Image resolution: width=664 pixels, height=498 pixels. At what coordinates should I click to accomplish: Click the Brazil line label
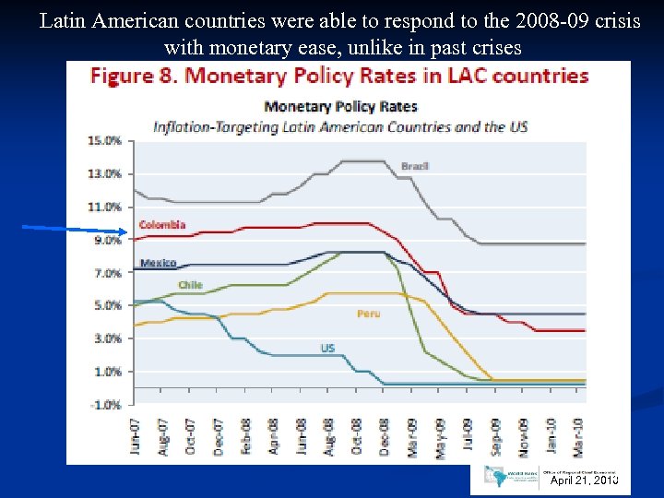tap(414, 166)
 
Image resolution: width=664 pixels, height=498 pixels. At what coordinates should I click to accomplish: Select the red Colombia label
tap(162, 224)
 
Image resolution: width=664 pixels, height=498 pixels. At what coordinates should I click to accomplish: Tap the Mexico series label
tap(158, 263)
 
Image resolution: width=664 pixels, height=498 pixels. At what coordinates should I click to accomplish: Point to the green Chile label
tap(190, 285)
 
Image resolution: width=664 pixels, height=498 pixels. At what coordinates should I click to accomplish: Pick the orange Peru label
tap(368, 314)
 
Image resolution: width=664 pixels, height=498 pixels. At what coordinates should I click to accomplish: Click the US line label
tap(327, 348)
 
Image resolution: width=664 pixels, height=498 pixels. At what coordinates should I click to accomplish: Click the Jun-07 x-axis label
tap(136, 437)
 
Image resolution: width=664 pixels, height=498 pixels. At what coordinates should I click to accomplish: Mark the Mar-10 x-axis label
tap(579, 437)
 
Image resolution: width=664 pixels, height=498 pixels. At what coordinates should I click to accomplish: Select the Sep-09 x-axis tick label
tap(496, 437)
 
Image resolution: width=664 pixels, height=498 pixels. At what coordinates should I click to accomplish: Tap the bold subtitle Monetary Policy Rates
tap(340, 106)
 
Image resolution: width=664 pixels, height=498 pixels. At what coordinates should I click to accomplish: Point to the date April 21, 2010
tap(583, 480)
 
